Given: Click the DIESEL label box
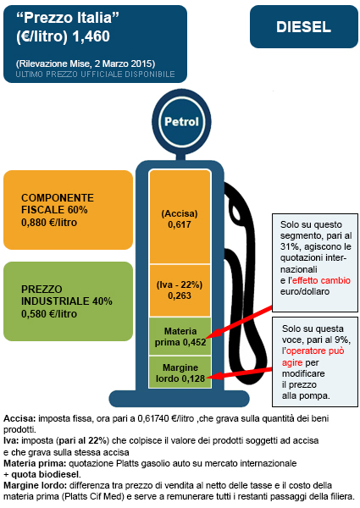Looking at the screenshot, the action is pyautogui.click(x=303, y=26).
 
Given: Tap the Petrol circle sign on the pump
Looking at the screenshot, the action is pyautogui.click(x=181, y=121).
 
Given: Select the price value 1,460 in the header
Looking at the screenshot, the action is pyautogui.click(x=91, y=36).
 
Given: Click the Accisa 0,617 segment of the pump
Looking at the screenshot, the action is pyautogui.click(x=180, y=217).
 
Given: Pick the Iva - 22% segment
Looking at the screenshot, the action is pyautogui.click(x=180, y=290).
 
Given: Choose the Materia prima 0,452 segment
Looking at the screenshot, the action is pyautogui.click(x=180, y=336).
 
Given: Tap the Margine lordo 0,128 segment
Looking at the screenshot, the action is pyautogui.click(x=180, y=373).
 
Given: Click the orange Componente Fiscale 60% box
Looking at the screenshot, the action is pyautogui.click(x=68, y=210).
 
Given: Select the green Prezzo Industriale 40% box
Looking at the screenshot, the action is pyautogui.click(x=68, y=301).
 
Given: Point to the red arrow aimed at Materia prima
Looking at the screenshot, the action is pyautogui.click(x=241, y=322).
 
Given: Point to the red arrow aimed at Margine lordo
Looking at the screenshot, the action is pyautogui.click(x=240, y=373).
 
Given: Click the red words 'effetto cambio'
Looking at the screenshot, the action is pyautogui.click(x=321, y=280).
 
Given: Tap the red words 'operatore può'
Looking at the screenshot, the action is pyautogui.click(x=315, y=351).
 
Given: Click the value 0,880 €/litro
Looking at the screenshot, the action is pyautogui.click(x=49, y=223).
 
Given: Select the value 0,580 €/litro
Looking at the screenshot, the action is pyautogui.click(x=49, y=314).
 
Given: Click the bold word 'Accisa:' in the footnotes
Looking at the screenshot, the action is pyautogui.click(x=19, y=418).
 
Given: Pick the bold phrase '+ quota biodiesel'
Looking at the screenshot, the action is pyautogui.click(x=42, y=474).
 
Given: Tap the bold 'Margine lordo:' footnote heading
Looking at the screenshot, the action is pyautogui.click(x=35, y=485).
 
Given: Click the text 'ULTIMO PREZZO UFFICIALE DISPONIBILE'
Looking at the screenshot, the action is pyautogui.click(x=95, y=75).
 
